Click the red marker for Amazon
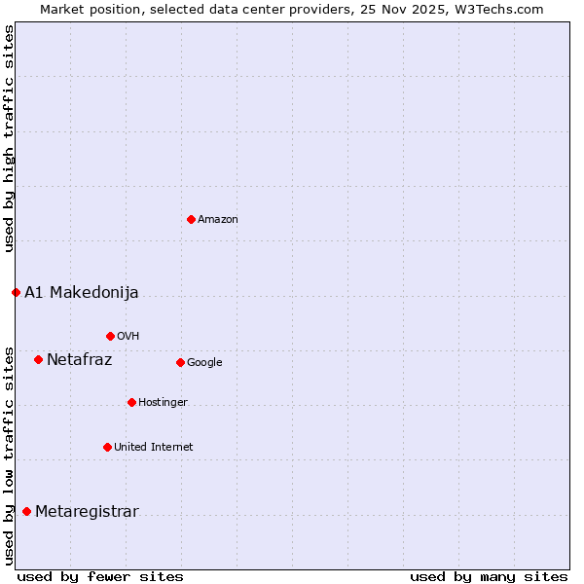click(x=191, y=219)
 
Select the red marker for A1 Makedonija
click(x=16, y=292)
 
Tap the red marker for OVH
click(x=110, y=336)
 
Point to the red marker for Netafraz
click(x=38, y=359)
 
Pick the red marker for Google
click(x=180, y=362)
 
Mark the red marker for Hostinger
click(x=131, y=402)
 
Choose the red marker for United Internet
click(x=107, y=447)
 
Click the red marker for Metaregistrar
click(x=26, y=511)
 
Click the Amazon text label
click(x=218, y=220)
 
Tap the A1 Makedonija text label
click(x=82, y=292)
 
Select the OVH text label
click(x=128, y=337)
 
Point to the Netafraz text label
click(x=80, y=359)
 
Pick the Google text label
click(x=204, y=363)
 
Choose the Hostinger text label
click(x=163, y=403)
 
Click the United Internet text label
click(x=154, y=448)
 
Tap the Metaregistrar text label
click(x=87, y=512)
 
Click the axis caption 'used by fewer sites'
click(x=100, y=576)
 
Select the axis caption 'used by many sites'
click(x=489, y=576)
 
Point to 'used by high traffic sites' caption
click(x=9, y=138)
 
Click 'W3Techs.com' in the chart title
click(x=502, y=9)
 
